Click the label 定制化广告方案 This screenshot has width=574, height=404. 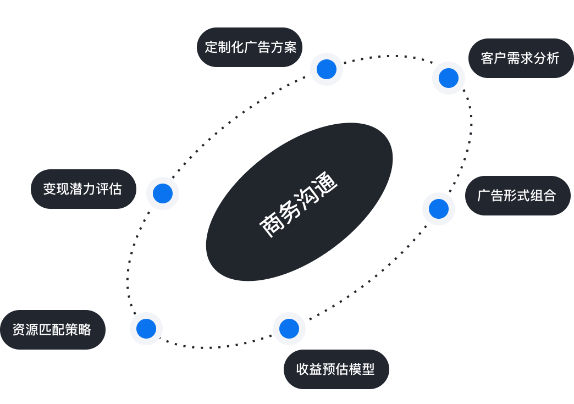[250, 47]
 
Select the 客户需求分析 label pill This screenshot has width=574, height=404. [520, 58]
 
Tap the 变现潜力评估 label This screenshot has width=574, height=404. [82, 189]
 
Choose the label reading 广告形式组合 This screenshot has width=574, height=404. [517, 196]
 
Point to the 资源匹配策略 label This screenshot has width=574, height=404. [52, 330]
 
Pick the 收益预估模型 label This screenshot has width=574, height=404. [335, 369]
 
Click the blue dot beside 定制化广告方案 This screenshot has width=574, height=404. [327, 69]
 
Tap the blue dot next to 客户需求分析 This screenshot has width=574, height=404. [449, 78]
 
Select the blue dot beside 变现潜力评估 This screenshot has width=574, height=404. [163, 193]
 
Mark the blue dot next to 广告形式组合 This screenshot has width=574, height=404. [439, 209]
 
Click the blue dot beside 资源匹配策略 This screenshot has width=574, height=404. [146, 329]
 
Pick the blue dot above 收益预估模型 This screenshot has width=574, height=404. [289, 329]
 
